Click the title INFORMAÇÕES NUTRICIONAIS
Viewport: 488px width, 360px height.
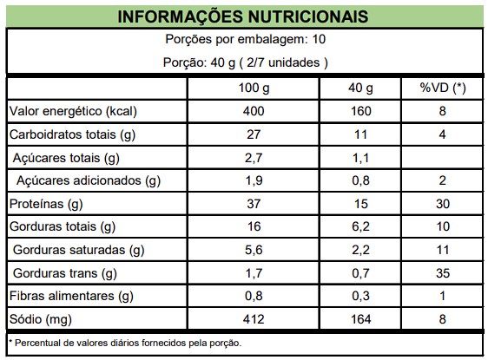coord(243,16)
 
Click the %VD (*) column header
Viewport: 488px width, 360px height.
coord(443,88)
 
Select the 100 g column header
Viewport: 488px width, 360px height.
coord(254,88)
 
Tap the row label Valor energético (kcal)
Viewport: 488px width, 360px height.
coord(73,111)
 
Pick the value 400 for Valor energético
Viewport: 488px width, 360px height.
coord(254,111)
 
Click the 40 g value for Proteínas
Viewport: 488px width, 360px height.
coord(360,204)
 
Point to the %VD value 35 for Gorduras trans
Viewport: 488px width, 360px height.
coord(443,273)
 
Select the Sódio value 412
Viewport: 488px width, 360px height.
coord(254,319)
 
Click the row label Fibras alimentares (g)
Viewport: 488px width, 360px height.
coord(71,296)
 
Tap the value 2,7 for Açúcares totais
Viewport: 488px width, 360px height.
coord(254,158)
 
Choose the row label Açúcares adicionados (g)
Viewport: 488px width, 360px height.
coord(89,180)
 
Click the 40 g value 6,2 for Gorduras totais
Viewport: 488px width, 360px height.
coord(360,226)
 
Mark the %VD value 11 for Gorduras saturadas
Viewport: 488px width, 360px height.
coord(443,250)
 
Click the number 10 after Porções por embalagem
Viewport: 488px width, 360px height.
coord(319,40)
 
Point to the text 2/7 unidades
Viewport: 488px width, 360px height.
coord(283,62)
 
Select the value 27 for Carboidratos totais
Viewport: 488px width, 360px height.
coord(254,134)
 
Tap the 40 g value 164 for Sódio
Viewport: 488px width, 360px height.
coord(360,319)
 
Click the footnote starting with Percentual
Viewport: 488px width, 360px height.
coord(125,344)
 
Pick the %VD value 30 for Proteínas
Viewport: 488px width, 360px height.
coord(443,204)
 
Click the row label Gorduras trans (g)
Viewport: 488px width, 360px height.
coord(65,273)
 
